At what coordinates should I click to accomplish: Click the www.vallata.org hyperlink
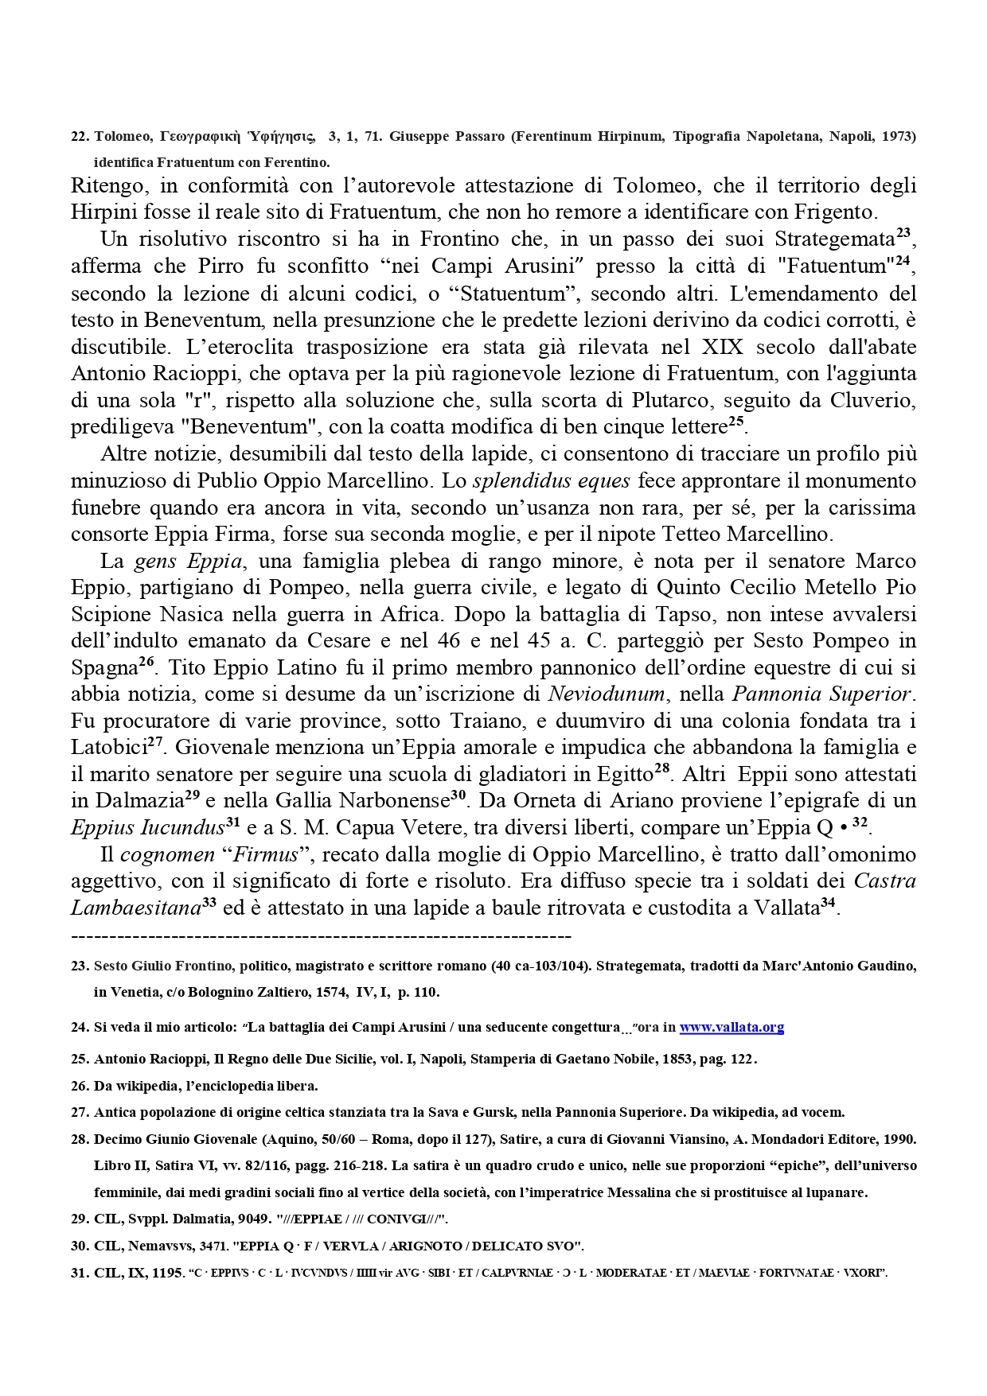pos(731,1027)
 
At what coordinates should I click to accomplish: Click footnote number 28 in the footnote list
pos(80,1139)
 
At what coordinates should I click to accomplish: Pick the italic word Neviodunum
pos(606,694)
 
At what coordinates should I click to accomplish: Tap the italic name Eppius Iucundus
pos(147,827)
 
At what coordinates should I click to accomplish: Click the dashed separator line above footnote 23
pos(321,935)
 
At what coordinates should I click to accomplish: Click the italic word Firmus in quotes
pos(265,854)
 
